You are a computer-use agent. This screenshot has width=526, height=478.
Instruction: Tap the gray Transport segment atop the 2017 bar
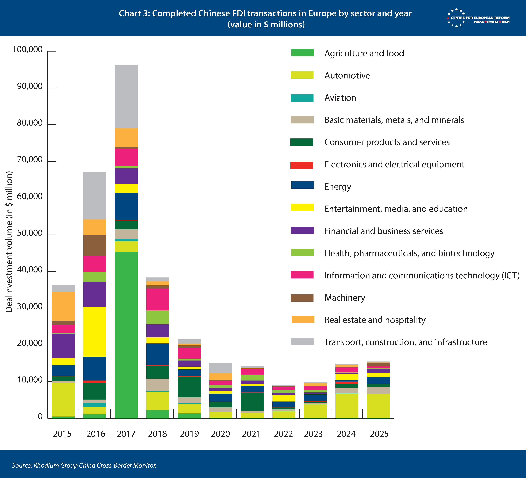click(126, 97)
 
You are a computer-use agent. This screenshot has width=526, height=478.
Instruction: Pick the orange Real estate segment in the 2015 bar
click(63, 306)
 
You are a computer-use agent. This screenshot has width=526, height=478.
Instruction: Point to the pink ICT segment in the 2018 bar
click(158, 299)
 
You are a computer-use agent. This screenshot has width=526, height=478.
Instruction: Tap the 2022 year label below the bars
click(283, 434)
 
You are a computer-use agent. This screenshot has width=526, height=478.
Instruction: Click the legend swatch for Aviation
click(302, 98)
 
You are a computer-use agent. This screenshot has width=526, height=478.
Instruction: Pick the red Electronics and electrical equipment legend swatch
click(302, 165)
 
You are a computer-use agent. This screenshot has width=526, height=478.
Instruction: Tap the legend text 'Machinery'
click(345, 298)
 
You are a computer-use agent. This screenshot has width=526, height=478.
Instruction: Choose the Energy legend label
click(338, 187)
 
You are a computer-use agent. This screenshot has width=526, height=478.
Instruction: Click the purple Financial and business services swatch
click(302, 230)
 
